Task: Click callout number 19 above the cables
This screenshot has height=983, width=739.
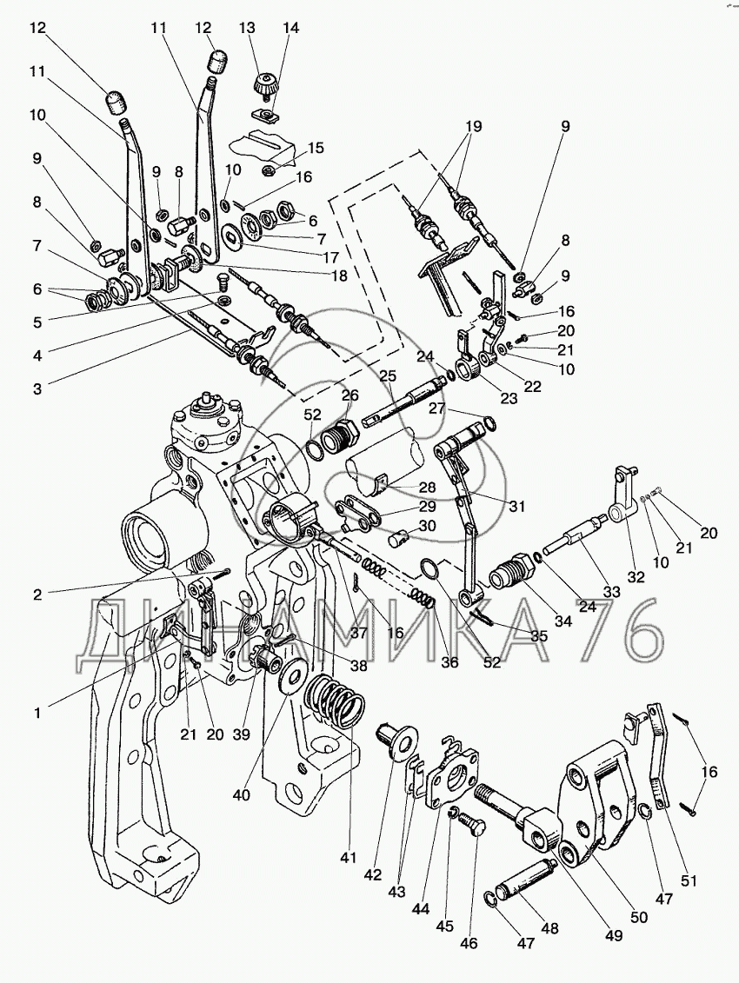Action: (473, 125)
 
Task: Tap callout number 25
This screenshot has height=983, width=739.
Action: (387, 376)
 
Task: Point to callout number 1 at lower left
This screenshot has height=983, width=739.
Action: (37, 713)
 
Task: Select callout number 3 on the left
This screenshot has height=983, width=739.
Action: (37, 389)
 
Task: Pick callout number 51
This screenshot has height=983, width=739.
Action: (689, 881)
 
